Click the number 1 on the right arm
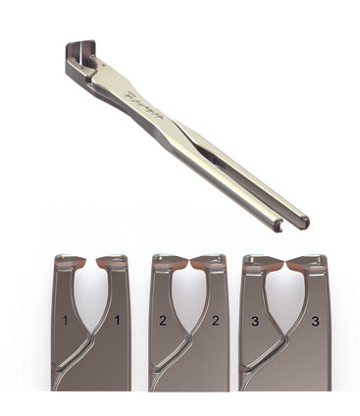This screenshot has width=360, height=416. click(118, 320)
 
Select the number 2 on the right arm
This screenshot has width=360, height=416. click(214, 320)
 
